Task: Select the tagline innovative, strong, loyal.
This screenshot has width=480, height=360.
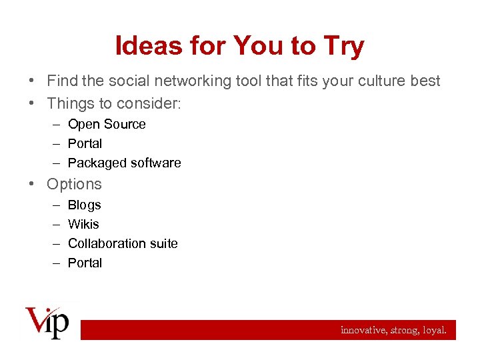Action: click(x=393, y=329)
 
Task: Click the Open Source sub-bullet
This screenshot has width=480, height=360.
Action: click(x=107, y=124)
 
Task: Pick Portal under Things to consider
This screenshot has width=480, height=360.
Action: click(x=85, y=143)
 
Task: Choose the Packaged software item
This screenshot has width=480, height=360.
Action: click(x=124, y=163)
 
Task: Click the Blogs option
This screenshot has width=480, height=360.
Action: click(x=84, y=205)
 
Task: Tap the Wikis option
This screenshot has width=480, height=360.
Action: click(x=83, y=224)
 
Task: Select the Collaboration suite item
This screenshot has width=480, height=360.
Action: click(x=123, y=243)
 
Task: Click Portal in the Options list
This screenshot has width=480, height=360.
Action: click(x=85, y=263)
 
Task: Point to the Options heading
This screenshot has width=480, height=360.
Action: click(x=74, y=184)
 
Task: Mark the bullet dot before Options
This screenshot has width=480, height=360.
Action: click(x=32, y=184)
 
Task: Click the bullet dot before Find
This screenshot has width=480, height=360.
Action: click(x=32, y=81)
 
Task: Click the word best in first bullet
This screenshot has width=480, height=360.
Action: click(x=425, y=81)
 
